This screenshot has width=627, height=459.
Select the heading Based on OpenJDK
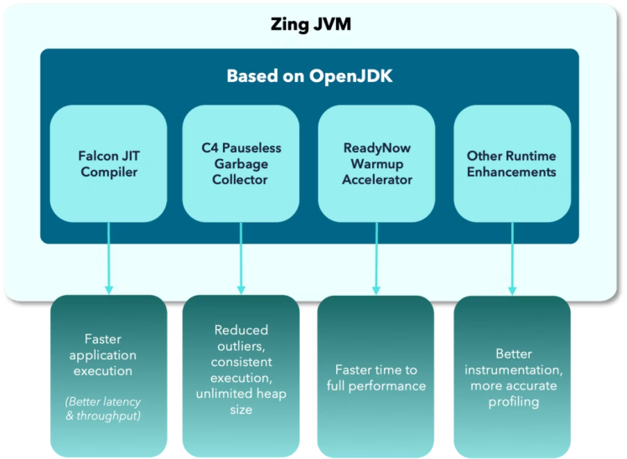tap(309, 76)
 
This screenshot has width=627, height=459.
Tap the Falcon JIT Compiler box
tap(108, 163)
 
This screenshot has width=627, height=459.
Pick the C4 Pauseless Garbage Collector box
tap(241, 163)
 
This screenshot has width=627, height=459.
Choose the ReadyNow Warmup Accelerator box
tap(376, 163)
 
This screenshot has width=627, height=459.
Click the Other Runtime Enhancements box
tap(511, 163)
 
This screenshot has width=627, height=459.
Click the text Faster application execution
tap(108, 354)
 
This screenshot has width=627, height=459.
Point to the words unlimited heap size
tap(241, 402)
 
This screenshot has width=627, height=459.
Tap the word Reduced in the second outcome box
tap(241, 330)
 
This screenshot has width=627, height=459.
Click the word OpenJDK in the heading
tap(355, 76)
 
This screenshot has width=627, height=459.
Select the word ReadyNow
tap(376, 147)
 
